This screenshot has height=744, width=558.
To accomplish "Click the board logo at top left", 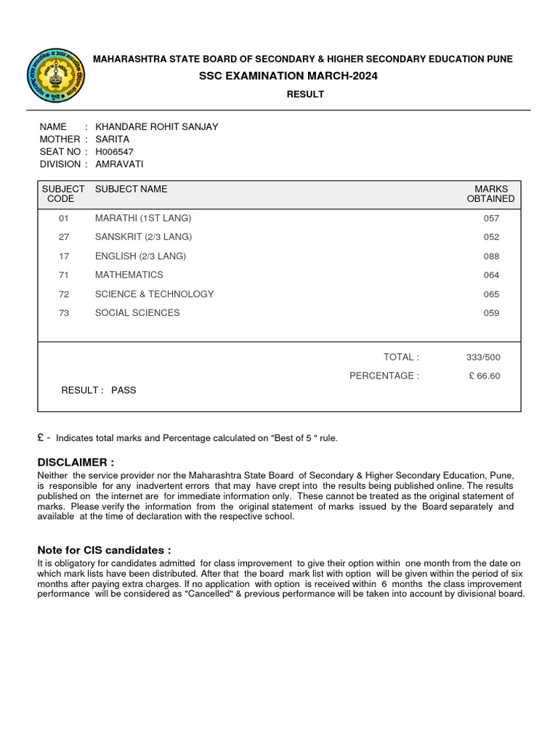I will (55, 76).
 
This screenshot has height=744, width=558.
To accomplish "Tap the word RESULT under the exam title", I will (305, 94).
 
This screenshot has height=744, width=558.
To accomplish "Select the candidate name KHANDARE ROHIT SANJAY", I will (162, 126).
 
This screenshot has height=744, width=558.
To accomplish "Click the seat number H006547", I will (114, 152).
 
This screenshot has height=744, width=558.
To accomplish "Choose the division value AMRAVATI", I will (119, 164).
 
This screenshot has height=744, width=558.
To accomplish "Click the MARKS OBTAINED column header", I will (490, 193).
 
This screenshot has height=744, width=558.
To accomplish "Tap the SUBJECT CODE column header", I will (62, 193).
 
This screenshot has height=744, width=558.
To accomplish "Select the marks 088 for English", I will (491, 256).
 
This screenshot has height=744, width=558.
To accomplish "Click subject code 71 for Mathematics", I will (63, 275).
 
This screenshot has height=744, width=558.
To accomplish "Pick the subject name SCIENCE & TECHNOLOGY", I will (154, 294).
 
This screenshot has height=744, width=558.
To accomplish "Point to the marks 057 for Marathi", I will (491, 219).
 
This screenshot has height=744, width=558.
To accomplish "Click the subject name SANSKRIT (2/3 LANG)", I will (143, 237).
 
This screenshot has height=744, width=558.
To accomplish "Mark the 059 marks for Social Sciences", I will (491, 314).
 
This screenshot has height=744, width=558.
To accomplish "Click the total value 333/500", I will (483, 357).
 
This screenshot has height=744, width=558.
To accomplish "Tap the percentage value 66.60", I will (489, 376).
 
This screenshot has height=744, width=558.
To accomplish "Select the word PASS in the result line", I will (124, 390).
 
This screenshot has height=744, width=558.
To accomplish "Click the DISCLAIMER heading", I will (76, 462).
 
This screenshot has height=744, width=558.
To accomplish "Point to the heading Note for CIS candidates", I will (104, 550).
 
